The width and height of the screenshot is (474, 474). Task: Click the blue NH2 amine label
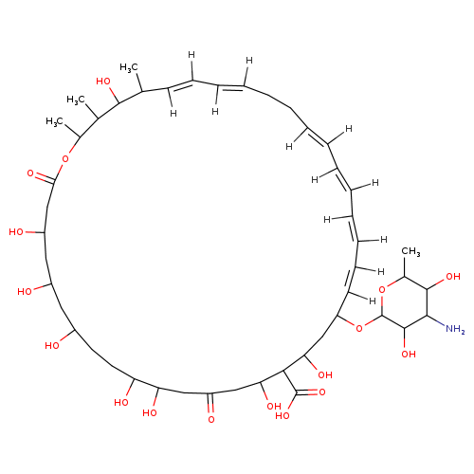[x=455, y=329]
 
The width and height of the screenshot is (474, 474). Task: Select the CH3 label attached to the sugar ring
[x=410, y=252]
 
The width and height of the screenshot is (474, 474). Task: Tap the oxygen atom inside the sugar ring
[x=382, y=289]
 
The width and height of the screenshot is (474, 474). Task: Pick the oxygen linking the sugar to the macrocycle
[x=359, y=328]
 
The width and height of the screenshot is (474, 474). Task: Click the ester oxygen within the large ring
[x=65, y=158]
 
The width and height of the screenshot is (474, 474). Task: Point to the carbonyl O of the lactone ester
[x=30, y=173]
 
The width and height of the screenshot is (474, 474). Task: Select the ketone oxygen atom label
[x=211, y=420]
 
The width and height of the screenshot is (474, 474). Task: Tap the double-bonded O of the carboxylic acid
[x=321, y=392]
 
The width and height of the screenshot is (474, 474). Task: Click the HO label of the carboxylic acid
[x=283, y=416]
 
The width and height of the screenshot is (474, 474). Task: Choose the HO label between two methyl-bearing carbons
[x=103, y=82]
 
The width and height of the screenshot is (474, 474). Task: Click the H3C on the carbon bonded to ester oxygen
[x=54, y=121]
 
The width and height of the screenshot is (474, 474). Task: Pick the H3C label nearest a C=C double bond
[x=129, y=67]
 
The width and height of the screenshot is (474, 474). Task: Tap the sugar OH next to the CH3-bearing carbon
[x=453, y=277]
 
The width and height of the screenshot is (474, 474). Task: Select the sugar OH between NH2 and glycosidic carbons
[x=409, y=354]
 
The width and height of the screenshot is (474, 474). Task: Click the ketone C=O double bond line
[x=210, y=403]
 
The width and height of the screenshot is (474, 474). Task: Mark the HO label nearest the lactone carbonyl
[x=16, y=232]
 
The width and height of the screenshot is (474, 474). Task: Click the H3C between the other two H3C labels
[x=76, y=100]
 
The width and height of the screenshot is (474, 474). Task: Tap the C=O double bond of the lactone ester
[x=45, y=178]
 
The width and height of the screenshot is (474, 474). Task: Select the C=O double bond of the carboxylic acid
[x=306, y=393]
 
